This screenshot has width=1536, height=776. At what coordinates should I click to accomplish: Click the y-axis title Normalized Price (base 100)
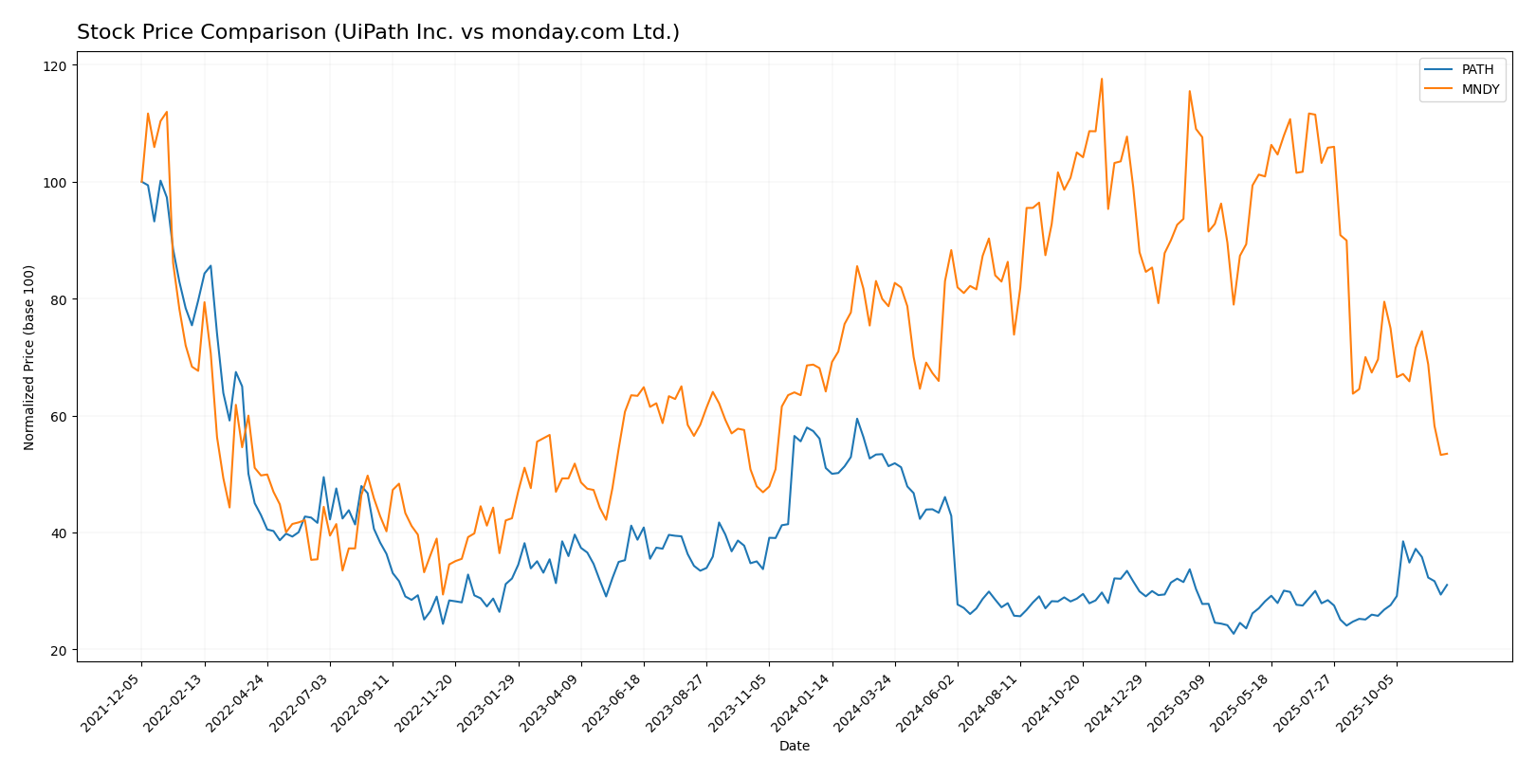tap(29, 357)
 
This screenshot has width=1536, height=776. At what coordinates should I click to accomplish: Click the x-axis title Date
tap(795, 747)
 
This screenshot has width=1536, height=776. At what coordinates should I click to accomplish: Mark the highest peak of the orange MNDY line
tap(1101, 79)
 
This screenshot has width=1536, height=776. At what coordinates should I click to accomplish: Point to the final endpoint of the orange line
tap(1447, 454)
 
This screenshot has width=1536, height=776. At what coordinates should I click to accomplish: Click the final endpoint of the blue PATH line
tap(1447, 585)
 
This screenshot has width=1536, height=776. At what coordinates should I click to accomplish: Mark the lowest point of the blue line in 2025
tap(1234, 633)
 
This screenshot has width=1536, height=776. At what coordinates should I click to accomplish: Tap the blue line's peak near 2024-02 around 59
tap(857, 419)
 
